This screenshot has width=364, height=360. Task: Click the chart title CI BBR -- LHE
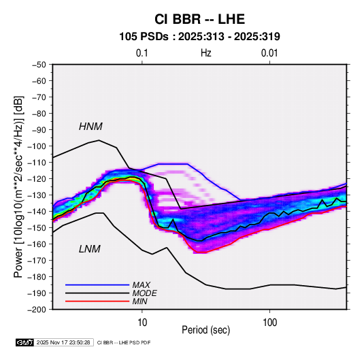click(x=199, y=19)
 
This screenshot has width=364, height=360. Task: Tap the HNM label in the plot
click(x=90, y=127)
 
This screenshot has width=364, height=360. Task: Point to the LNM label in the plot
click(x=90, y=249)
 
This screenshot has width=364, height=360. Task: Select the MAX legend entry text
click(x=141, y=285)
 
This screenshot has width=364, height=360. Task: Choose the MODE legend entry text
click(x=144, y=293)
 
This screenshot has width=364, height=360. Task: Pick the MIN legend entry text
click(x=139, y=301)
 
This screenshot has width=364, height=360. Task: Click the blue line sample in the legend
click(x=97, y=285)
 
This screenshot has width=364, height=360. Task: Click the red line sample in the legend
click(x=97, y=301)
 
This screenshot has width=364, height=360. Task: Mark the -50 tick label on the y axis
click(x=39, y=65)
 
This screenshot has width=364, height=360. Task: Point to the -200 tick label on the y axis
click(x=37, y=310)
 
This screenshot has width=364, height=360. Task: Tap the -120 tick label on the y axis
click(x=37, y=179)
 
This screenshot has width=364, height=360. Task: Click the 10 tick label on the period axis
click(x=142, y=323)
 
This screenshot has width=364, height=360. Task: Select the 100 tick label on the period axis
click(x=269, y=323)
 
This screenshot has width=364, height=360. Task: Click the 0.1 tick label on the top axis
click(x=142, y=53)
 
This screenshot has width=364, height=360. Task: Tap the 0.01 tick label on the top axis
click(x=269, y=53)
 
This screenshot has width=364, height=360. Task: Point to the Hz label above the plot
click(x=206, y=53)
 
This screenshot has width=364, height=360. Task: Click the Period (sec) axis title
click(x=205, y=330)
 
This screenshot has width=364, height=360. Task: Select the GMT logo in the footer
click(x=25, y=342)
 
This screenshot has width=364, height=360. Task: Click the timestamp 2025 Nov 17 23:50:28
click(x=63, y=342)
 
